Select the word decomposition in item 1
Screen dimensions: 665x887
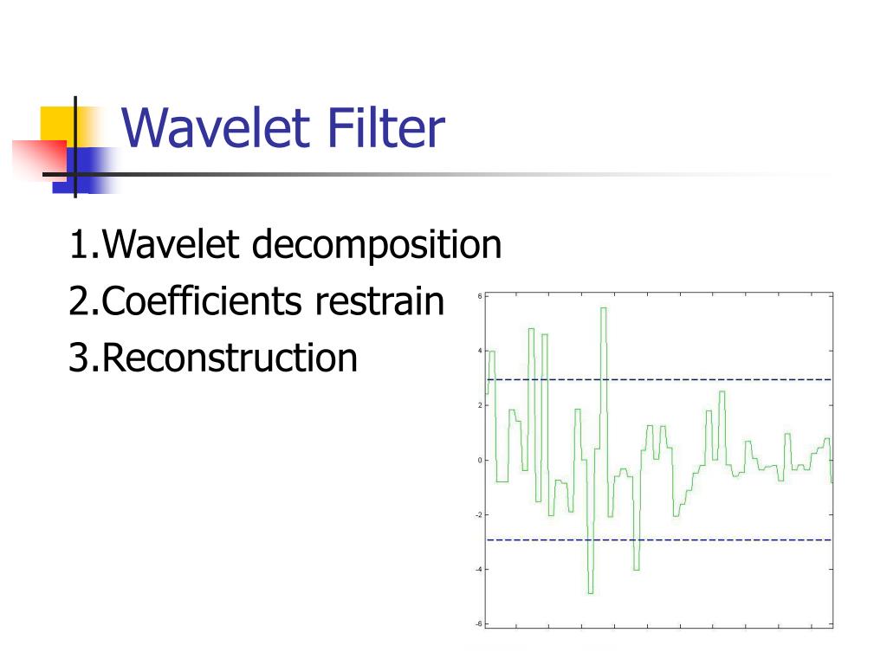pos(377,245)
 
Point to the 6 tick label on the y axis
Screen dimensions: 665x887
pos(480,296)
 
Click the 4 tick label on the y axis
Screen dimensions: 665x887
pos(480,351)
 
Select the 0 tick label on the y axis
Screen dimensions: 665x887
pos(480,460)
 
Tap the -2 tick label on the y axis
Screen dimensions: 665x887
pos(478,514)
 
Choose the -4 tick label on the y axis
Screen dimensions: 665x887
pos(478,569)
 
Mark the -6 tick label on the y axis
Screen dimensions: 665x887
pos(478,623)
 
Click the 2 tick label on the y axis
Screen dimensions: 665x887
pos(480,405)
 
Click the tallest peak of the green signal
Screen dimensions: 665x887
pos(603,309)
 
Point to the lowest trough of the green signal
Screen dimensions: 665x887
pos(590,592)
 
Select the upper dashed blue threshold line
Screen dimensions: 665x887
pos(693,379)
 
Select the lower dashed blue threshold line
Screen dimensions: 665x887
pos(693,539)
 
